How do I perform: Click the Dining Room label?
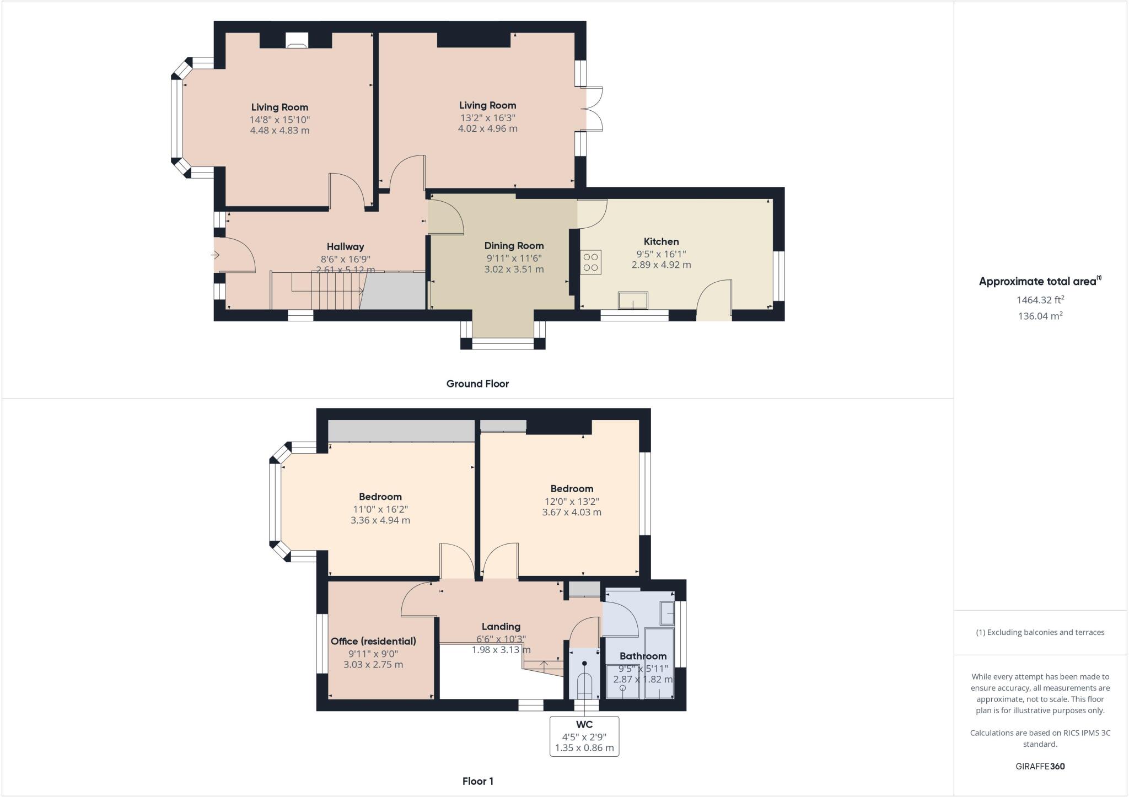point(514,246)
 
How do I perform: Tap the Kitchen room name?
point(661,241)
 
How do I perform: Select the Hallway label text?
point(345,247)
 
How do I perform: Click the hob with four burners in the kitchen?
point(590,262)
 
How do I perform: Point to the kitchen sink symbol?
point(633,300)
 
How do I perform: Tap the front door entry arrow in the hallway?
point(215,255)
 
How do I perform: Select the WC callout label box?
point(584,736)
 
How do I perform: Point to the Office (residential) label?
point(373,641)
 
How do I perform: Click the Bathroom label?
point(643,656)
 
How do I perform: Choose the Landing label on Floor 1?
point(501,627)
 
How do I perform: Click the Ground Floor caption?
point(477,384)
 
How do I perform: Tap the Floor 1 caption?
point(478,781)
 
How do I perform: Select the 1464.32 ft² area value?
point(1040,300)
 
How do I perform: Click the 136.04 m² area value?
point(1040,316)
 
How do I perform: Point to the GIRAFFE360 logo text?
point(1040,766)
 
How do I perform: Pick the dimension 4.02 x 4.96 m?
point(488,128)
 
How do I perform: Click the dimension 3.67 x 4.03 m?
point(572,512)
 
